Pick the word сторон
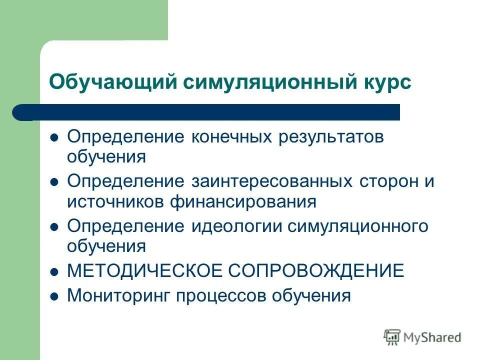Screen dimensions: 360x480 coord(388,181)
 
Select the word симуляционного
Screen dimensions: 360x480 coord(357,226)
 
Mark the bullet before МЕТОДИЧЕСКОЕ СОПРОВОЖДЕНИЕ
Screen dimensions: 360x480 coord(55,271)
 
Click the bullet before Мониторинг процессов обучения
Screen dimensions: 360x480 coord(55,295)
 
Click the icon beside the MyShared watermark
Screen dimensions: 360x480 coord(392,337)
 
